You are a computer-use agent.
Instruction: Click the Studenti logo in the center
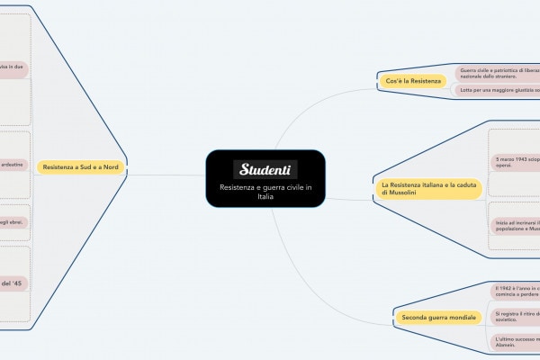(265, 169)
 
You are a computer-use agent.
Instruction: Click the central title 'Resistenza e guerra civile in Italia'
(265, 191)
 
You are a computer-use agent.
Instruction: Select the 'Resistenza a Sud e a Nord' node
(81, 167)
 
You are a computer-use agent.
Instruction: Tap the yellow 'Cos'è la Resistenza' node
(413, 82)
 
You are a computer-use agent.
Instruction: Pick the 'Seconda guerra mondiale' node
(439, 318)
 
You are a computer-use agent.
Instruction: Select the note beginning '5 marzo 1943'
(514, 163)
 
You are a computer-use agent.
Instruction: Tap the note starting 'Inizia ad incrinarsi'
(514, 225)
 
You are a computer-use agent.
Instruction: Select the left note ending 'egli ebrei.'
(13, 220)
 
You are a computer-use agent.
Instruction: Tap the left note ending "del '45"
(13, 283)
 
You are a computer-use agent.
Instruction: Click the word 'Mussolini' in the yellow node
(399, 192)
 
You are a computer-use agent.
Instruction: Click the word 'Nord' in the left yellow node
(111, 167)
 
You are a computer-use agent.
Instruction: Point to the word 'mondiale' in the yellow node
(462, 318)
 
